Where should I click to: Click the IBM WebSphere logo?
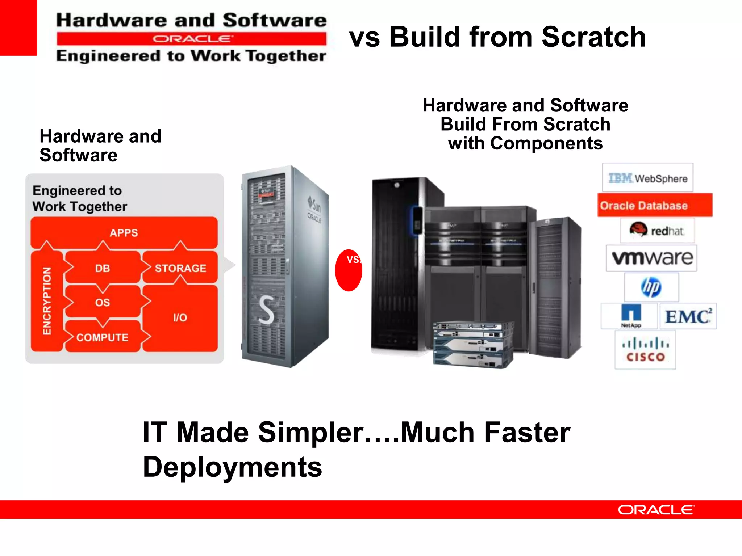(x=647, y=178)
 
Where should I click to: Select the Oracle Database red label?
(x=654, y=205)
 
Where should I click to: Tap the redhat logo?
(x=657, y=230)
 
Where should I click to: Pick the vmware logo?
(x=651, y=258)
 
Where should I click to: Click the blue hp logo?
(x=651, y=287)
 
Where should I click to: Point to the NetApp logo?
(x=630, y=316)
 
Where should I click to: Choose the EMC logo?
(x=688, y=316)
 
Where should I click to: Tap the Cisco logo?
(x=645, y=350)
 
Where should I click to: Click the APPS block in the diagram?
(x=124, y=233)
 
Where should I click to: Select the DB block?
(x=103, y=268)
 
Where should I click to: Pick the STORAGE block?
(x=180, y=268)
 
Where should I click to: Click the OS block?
(x=103, y=302)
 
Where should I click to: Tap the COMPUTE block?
(x=103, y=337)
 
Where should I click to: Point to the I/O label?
(x=180, y=318)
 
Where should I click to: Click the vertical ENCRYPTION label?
(x=47, y=300)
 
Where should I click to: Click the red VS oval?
(x=349, y=270)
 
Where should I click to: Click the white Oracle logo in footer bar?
(x=656, y=510)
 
